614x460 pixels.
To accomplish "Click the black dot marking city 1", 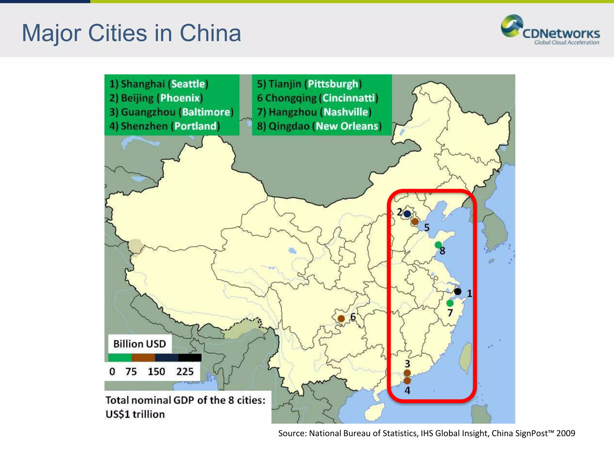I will (458, 291).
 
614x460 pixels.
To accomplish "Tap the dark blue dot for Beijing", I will (407, 214).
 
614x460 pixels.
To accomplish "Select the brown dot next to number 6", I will (341, 319).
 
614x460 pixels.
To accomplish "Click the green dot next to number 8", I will (438, 245).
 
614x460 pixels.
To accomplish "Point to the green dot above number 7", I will (450, 303).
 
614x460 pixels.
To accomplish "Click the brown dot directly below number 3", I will (407, 373).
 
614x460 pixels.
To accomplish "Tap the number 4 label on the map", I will (407, 391).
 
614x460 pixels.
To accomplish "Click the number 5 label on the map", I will (427, 228).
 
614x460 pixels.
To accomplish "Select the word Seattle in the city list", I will (188, 84).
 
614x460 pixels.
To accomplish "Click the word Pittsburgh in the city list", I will (333, 84).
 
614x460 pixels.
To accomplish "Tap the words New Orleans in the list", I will (347, 126).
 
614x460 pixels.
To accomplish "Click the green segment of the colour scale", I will (120, 358).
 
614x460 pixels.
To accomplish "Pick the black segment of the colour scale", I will (190, 358).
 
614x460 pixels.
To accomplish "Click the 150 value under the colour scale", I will (156, 372).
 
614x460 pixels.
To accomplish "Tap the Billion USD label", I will (139, 344).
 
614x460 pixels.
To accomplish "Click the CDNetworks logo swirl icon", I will (511, 26).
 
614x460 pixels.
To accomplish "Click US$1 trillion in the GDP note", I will (135, 414).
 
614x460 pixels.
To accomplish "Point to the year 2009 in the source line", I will (566, 433).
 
